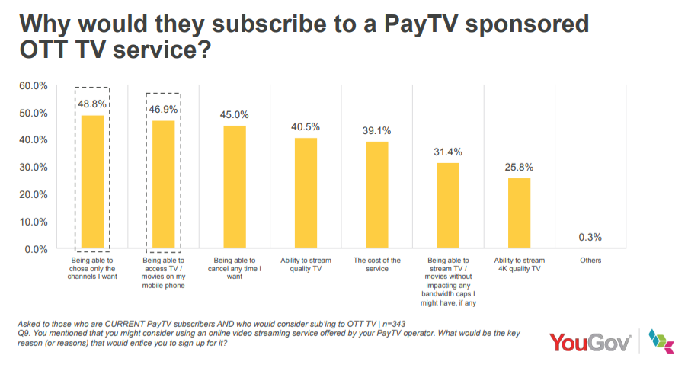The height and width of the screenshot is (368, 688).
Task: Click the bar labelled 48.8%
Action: click(x=92, y=182)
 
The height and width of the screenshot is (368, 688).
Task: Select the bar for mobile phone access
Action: click(x=163, y=184)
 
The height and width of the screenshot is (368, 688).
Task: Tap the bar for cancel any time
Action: click(x=235, y=187)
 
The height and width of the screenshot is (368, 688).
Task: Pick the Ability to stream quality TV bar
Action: click(x=306, y=194)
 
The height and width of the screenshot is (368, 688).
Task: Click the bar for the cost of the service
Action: click(x=376, y=195)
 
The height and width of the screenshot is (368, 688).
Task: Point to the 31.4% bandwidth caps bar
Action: click(x=448, y=206)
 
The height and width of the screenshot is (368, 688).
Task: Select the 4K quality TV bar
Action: click(x=519, y=213)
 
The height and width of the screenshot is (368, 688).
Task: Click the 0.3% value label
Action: click(x=590, y=237)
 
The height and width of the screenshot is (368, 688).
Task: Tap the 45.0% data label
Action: click(x=235, y=115)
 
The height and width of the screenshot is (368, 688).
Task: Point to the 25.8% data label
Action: click(x=519, y=167)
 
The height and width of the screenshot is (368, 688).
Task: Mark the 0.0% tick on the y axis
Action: click(x=35, y=249)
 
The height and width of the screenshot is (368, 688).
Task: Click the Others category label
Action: click(x=590, y=261)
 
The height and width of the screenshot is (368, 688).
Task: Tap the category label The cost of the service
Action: click(x=376, y=264)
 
